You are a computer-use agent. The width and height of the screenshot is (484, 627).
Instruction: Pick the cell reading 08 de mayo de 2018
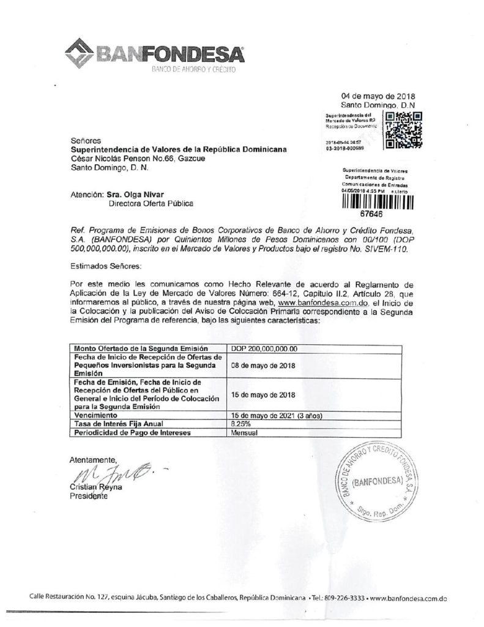262,366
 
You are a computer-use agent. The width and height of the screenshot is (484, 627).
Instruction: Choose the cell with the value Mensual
243,432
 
